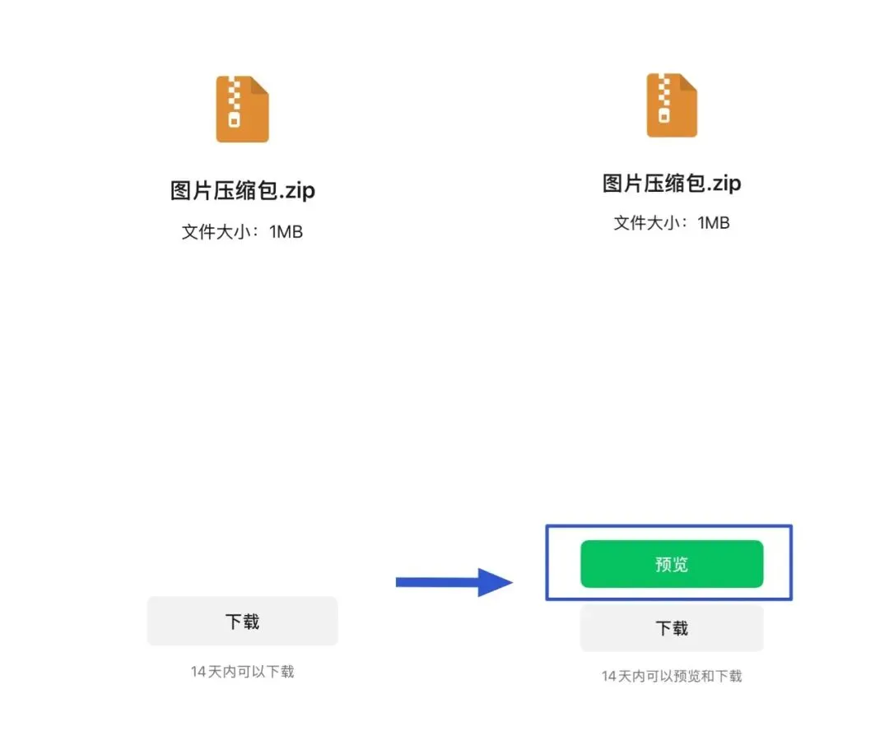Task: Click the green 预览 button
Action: pos(672,564)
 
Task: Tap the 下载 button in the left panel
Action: pos(242,621)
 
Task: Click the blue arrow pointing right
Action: pos(453,582)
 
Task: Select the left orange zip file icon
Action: pos(242,109)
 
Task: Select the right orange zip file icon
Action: pos(672,105)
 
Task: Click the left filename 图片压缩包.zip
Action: pos(242,191)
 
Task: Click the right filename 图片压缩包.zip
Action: pos(672,183)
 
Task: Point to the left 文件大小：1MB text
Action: pos(242,232)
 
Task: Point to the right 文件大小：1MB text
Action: pos(672,222)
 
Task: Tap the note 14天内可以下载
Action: pos(242,672)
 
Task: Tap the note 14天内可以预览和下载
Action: pos(672,676)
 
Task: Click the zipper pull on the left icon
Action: pos(235,121)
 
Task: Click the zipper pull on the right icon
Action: pos(664,117)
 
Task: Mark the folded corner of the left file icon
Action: pos(260,84)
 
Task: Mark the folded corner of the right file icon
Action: pos(689,81)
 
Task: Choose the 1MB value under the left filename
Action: pos(286,232)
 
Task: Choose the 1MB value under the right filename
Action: pos(714,222)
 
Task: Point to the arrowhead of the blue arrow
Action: pos(496,582)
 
